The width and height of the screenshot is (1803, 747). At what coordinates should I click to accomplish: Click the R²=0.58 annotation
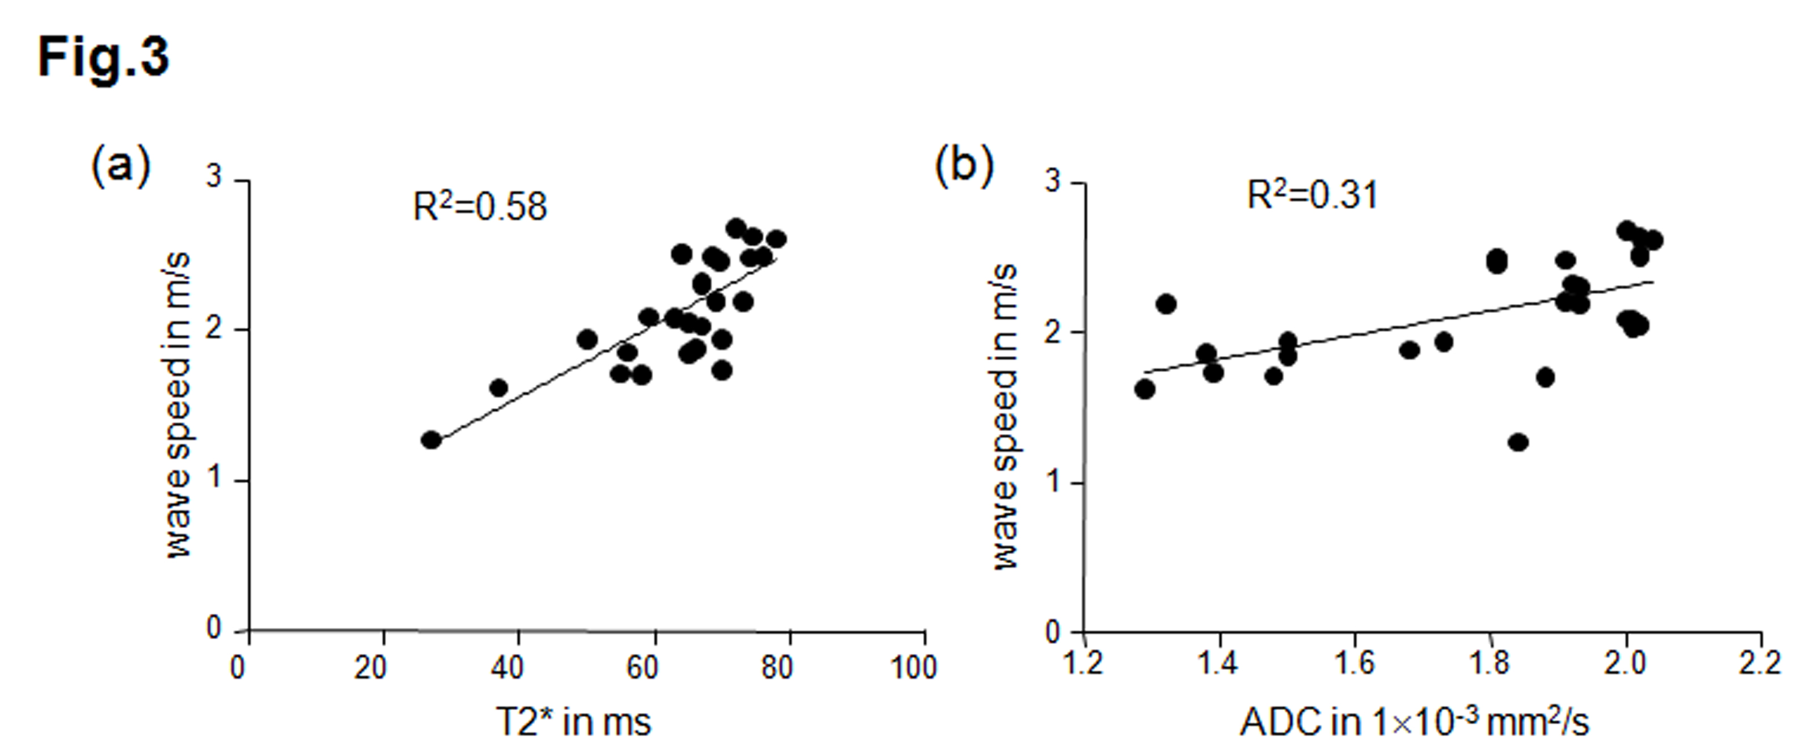pyautogui.click(x=480, y=206)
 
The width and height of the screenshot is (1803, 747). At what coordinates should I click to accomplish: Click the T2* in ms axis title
pyautogui.click(x=574, y=721)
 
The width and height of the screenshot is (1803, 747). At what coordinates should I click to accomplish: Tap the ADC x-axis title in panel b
pyautogui.click(x=1414, y=721)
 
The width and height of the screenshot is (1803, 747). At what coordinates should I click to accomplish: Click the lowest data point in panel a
pyautogui.click(x=431, y=440)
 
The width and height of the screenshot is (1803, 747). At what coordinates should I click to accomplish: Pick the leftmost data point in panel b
pyautogui.click(x=1144, y=389)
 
